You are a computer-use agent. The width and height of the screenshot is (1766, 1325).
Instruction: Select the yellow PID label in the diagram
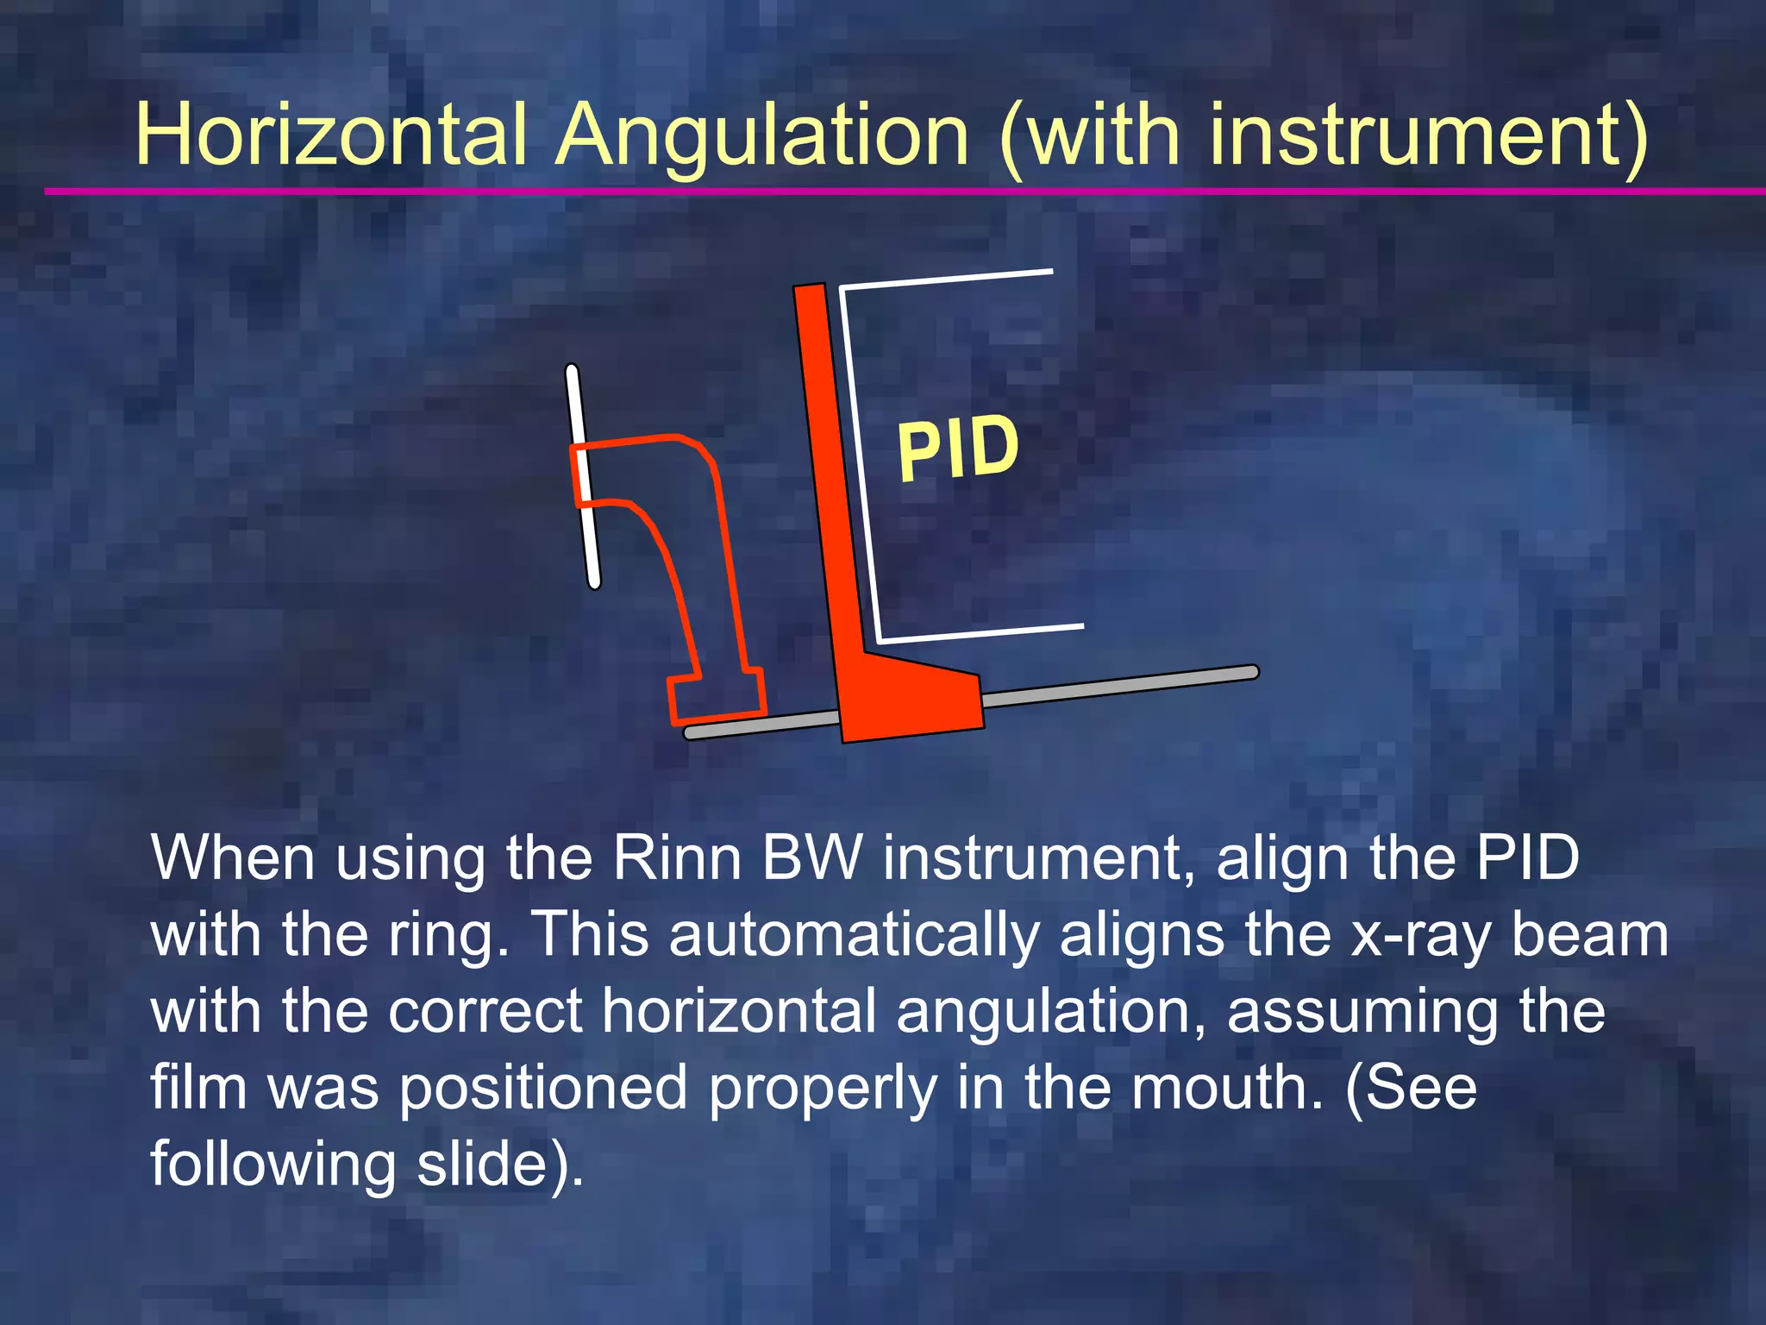pos(957,449)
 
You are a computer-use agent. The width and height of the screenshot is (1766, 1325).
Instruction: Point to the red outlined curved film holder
pos(690,552)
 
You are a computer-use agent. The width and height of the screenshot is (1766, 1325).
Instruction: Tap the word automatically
pos(854,935)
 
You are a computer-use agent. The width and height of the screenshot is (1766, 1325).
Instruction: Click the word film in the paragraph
pos(199,1087)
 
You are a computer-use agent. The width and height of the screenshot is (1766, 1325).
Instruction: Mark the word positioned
pos(543,1087)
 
